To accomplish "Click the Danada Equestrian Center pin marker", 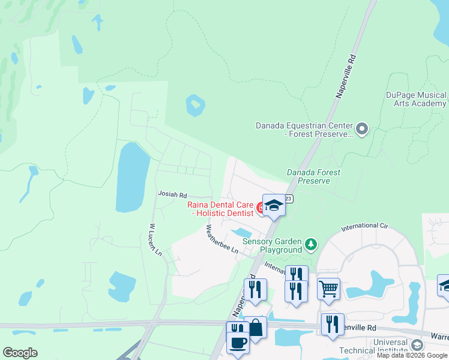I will click(x=361, y=129).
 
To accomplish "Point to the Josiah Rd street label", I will click(x=172, y=194).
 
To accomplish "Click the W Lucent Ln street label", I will click(x=155, y=240).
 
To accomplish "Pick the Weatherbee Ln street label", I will click(x=222, y=239).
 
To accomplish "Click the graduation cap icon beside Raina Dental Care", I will click(x=274, y=206).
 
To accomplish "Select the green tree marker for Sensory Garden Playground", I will click(x=310, y=244).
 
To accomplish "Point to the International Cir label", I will click(x=364, y=227).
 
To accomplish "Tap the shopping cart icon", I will click(x=328, y=289).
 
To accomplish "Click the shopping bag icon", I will click(x=256, y=328).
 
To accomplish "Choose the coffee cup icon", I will click(x=238, y=343).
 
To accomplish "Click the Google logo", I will click(x=20, y=353).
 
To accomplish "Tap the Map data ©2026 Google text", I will click(x=411, y=355).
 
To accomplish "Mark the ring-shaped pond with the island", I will click(x=194, y=106).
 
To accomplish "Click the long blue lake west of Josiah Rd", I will click(x=132, y=177).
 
